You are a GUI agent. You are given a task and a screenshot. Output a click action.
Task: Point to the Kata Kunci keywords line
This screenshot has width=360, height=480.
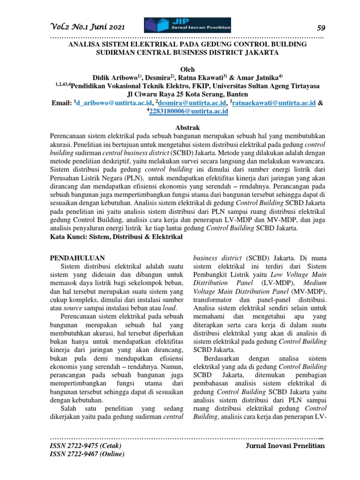click(116, 238)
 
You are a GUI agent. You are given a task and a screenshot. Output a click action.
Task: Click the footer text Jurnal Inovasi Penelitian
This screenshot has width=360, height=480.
click(285, 446)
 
